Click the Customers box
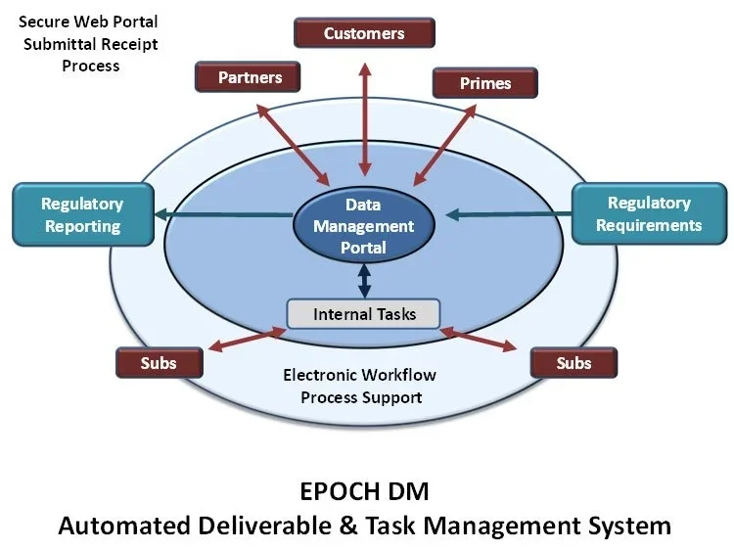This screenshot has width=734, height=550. click(x=364, y=33)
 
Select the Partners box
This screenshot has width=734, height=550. click(x=250, y=77)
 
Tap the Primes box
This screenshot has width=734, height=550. click(x=484, y=83)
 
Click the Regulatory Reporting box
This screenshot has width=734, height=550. click(x=81, y=215)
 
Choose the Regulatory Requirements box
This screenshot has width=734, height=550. click(x=649, y=213)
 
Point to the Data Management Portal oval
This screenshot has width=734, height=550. click(x=363, y=226)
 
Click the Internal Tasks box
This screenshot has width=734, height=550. click(x=364, y=314)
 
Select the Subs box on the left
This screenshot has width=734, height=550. click(x=159, y=363)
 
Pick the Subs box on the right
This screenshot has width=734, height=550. click(x=573, y=363)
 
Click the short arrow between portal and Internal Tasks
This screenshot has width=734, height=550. click(x=364, y=281)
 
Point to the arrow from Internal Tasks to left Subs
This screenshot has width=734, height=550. click(x=245, y=341)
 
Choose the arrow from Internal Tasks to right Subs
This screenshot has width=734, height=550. click(x=480, y=339)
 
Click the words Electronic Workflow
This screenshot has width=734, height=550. click(x=359, y=375)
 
